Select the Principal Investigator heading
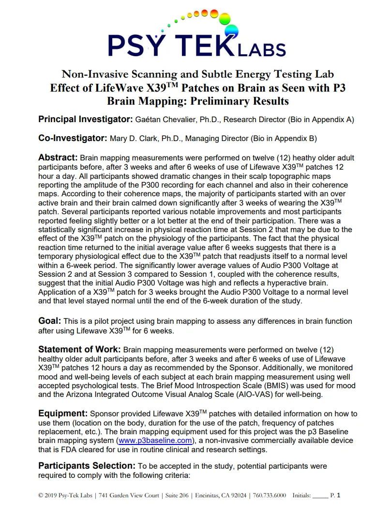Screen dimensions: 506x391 pos(86,119)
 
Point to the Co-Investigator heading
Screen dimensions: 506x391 pos(73,138)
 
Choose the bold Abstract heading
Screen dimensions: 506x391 pos(58,158)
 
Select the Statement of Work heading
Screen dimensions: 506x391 pos(79,349)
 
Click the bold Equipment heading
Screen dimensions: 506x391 pos(63,413)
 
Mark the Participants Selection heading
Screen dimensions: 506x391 pos(87,466)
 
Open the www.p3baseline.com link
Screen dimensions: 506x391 pos(155,441)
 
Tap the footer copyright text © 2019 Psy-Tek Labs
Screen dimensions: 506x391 pos(66,495)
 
